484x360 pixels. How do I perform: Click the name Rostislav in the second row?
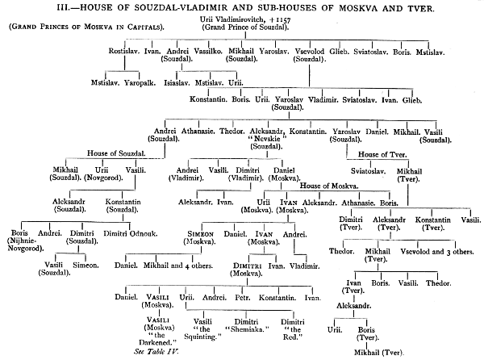pyautogui.click(x=124, y=51)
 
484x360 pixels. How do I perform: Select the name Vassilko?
pyautogui.click(x=208, y=51)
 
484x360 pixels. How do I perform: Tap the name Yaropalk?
pyautogui.click(x=140, y=83)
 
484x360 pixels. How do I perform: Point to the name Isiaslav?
pyautogui.click(x=177, y=83)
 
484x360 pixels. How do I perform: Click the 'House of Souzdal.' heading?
pyautogui.click(x=116, y=153)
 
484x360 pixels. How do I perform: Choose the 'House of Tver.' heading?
pyautogui.click(x=382, y=154)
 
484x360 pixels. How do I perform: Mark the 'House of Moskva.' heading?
pyautogui.click(x=329, y=186)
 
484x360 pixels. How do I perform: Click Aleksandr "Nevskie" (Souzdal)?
pyautogui.click(x=267, y=139)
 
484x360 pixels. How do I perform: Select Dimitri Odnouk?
pyautogui.click(x=130, y=234)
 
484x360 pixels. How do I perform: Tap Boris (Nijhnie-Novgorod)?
pyautogui.click(x=25, y=241)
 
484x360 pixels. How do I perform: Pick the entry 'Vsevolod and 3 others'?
pyautogui.click(x=437, y=252)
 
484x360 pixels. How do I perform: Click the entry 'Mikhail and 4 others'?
pyautogui.click(x=178, y=266)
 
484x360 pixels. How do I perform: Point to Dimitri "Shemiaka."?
pyautogui.click(x=247, y=326)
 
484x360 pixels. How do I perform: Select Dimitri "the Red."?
pyautogui.click(x=292, y=329)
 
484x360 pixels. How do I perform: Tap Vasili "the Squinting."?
pyautogui.click(x=202, y=329)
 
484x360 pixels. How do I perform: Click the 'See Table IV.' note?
pyautogui.click(x=156, y=352)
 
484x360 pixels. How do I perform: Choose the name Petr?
pyautogui.click(x=243, y=298)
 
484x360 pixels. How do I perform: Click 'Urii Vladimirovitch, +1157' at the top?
pyautogui.click(x=245, y=19)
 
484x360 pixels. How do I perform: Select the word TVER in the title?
pyautogui.click(x=421, y=8)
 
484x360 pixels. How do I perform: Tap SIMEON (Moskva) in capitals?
pyautogui.click(x=200, y=238)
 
